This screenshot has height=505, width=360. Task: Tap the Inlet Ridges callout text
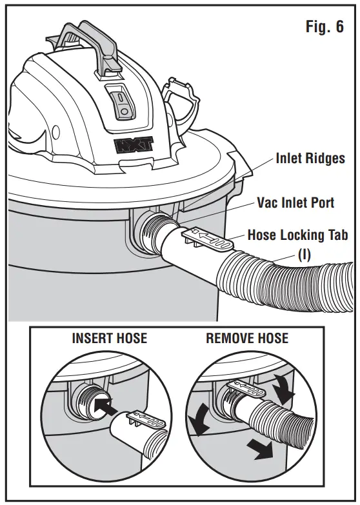310,158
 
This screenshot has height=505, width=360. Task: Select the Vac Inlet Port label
295,203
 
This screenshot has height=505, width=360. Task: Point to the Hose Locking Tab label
297,235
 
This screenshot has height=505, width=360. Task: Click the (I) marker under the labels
303,254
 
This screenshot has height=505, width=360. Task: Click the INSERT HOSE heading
109,338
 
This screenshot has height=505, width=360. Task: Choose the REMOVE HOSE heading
247,338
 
